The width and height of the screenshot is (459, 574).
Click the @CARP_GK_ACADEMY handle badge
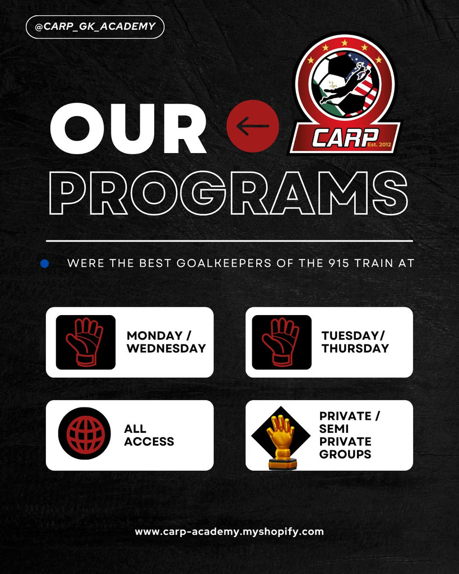[x=95, y=27]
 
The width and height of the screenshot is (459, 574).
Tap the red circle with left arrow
[x=253, y=126]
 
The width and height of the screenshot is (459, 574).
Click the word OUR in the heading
[x=128, y=128]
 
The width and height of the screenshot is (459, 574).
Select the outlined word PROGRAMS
[x=229, y=193]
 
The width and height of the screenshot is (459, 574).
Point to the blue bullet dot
[x=45, y=263]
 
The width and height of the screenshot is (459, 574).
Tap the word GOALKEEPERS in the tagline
[x=224, y=263]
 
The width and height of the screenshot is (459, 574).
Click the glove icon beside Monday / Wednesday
[x=86, y=342]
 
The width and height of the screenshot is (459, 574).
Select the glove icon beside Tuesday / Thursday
[x=281, y=342]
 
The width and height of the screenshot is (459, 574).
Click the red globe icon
[x=85, y=433]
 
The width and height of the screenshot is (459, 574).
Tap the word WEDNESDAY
[x=166, y=348]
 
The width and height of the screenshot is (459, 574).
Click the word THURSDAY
[x=355, y=348]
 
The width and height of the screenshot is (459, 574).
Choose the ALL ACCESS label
[x=149, y=435]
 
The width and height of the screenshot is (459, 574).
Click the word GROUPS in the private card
[x=345, y=454]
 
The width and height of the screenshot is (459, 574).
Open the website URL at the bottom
[x=229, y=531]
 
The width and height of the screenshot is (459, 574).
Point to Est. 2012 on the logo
[x=379, y=144]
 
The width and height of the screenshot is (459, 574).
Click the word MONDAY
[x=155, y=336]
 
